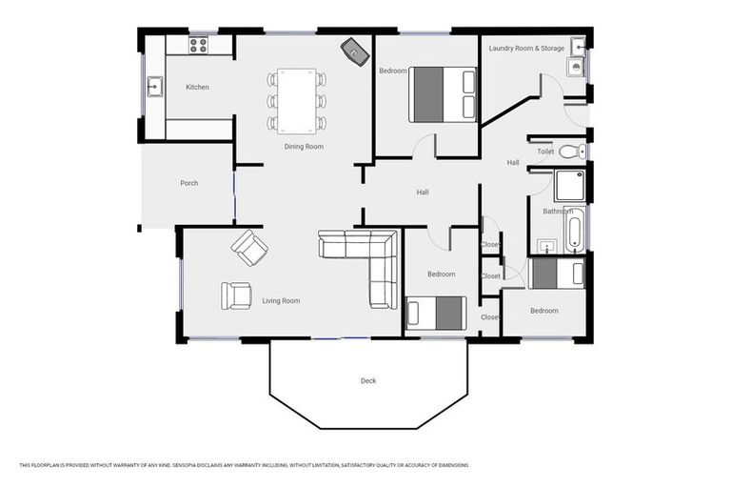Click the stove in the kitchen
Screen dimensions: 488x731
(198, 44)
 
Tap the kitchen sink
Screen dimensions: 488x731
(155, 88)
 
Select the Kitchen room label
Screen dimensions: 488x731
(197, 88)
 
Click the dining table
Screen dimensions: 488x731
(297, 100)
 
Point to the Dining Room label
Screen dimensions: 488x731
(304, 147)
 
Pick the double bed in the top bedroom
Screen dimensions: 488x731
(442, 94)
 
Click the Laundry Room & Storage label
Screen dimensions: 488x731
(526, 48)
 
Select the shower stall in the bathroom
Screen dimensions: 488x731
(569, 185)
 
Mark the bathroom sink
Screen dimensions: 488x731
(545, 246)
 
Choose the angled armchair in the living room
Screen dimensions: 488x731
(249, 248)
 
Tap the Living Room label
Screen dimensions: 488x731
(281, 301)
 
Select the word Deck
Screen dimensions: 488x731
(368, 381)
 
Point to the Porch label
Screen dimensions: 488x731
(189, 183)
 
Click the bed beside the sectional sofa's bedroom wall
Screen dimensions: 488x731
(436, 313)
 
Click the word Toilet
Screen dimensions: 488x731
(545, 152)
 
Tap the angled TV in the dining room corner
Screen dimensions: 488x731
(354, 51)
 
